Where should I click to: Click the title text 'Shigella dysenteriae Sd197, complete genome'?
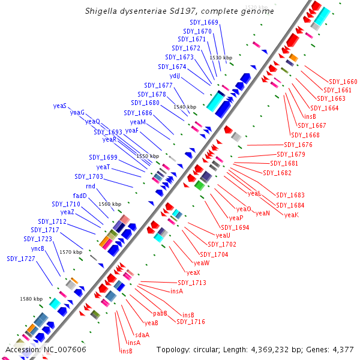[179, 11]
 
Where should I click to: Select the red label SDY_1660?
[343, 82]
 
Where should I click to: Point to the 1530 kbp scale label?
[220, 57]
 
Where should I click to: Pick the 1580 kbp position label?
[31, 299]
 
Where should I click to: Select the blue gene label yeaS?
[60, 106]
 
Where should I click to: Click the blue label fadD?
[80, 196]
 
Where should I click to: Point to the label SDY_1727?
[21, 259]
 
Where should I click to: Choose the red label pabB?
[160, 313]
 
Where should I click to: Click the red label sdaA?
[142, 335]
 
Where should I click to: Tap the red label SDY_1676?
[298, 145]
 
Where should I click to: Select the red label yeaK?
[292, 215]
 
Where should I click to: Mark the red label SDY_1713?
[192, 283]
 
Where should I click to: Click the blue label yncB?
[38, 248]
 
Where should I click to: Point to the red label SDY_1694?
[235, 227]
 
